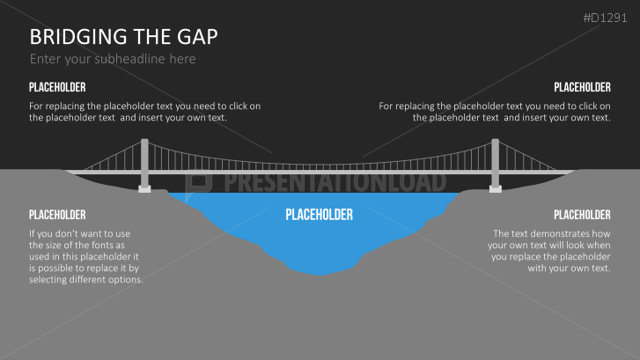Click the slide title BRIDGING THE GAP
coord(123,37)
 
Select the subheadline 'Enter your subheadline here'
coord(113,59)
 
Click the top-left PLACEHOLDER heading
coord(57,87)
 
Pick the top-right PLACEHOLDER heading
coord(582,87)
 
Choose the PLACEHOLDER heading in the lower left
coord(57,215)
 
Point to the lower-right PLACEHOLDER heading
coord(582,215)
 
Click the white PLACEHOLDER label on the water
coord(319,215)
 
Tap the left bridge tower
coord(144,163)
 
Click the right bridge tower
coord(496,163)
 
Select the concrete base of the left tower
coord(144,187)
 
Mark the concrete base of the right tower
coord(496,187)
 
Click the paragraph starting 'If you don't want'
coord(85,256)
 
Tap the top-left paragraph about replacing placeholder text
coord(144,111)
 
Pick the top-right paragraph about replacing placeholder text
coord(495,111)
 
